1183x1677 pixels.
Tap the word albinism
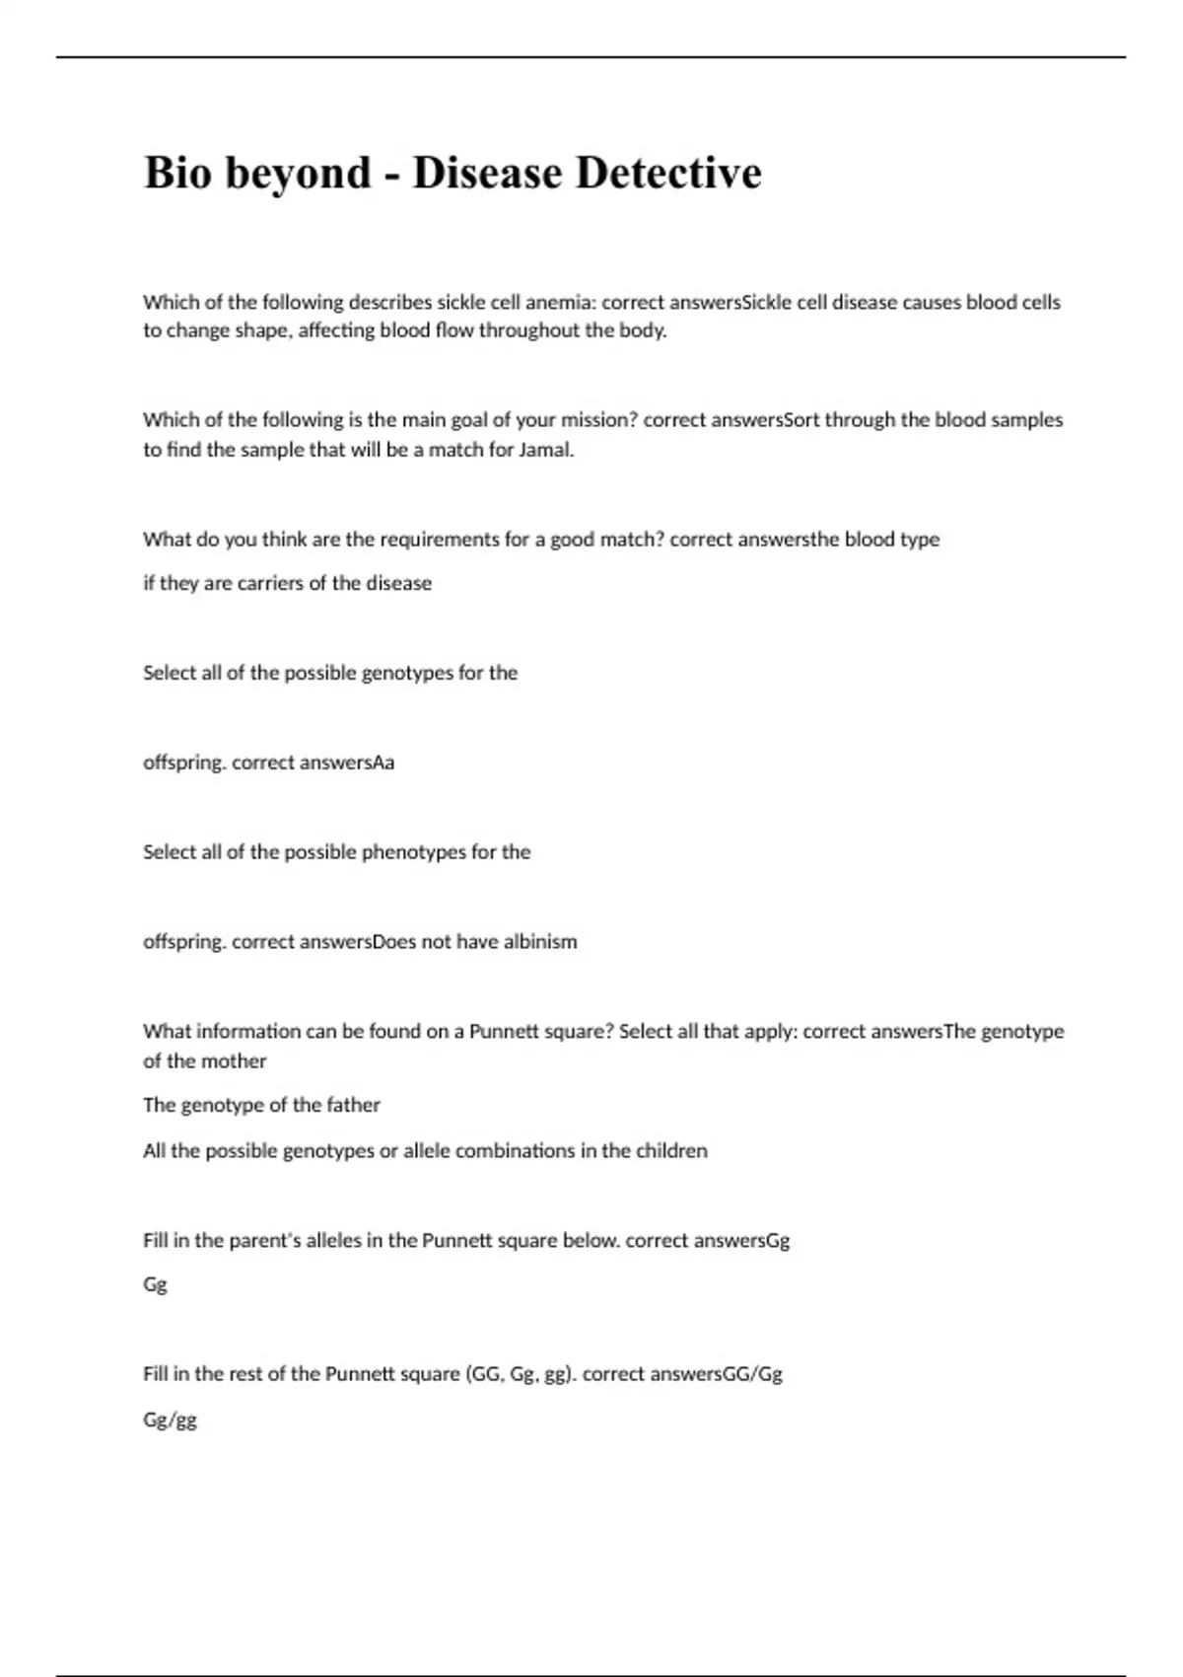[540, 942]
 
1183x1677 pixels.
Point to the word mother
[235, 1061]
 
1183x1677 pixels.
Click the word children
[670, 1150]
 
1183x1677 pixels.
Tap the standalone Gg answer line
[155, 1284]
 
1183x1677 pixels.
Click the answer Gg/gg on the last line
[170, 1421]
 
